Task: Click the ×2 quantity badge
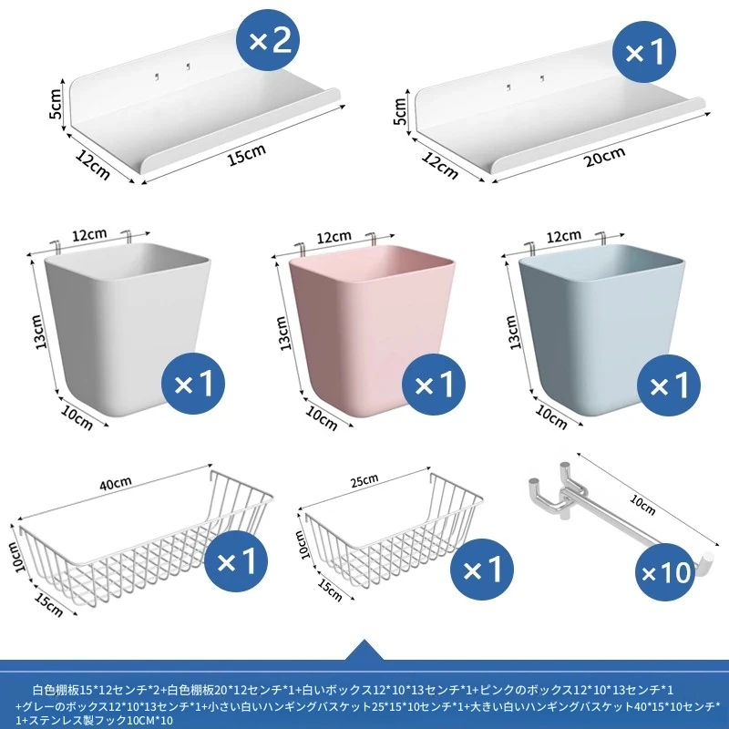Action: click(268, 41)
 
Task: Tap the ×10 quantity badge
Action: click(667, 573)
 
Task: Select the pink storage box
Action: click(371, 329)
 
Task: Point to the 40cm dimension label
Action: click(116, 484)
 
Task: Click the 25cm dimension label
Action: click(364, 481)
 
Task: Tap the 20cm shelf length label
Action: click(604, 156)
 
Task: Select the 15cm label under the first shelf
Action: click(247, 155)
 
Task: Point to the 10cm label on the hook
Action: click(642, 505)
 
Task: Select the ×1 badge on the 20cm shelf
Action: click(644, 52)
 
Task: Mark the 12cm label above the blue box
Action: click(563, 237)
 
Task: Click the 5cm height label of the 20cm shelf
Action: click(400, 111)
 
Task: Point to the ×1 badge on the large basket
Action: click(236, 561)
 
